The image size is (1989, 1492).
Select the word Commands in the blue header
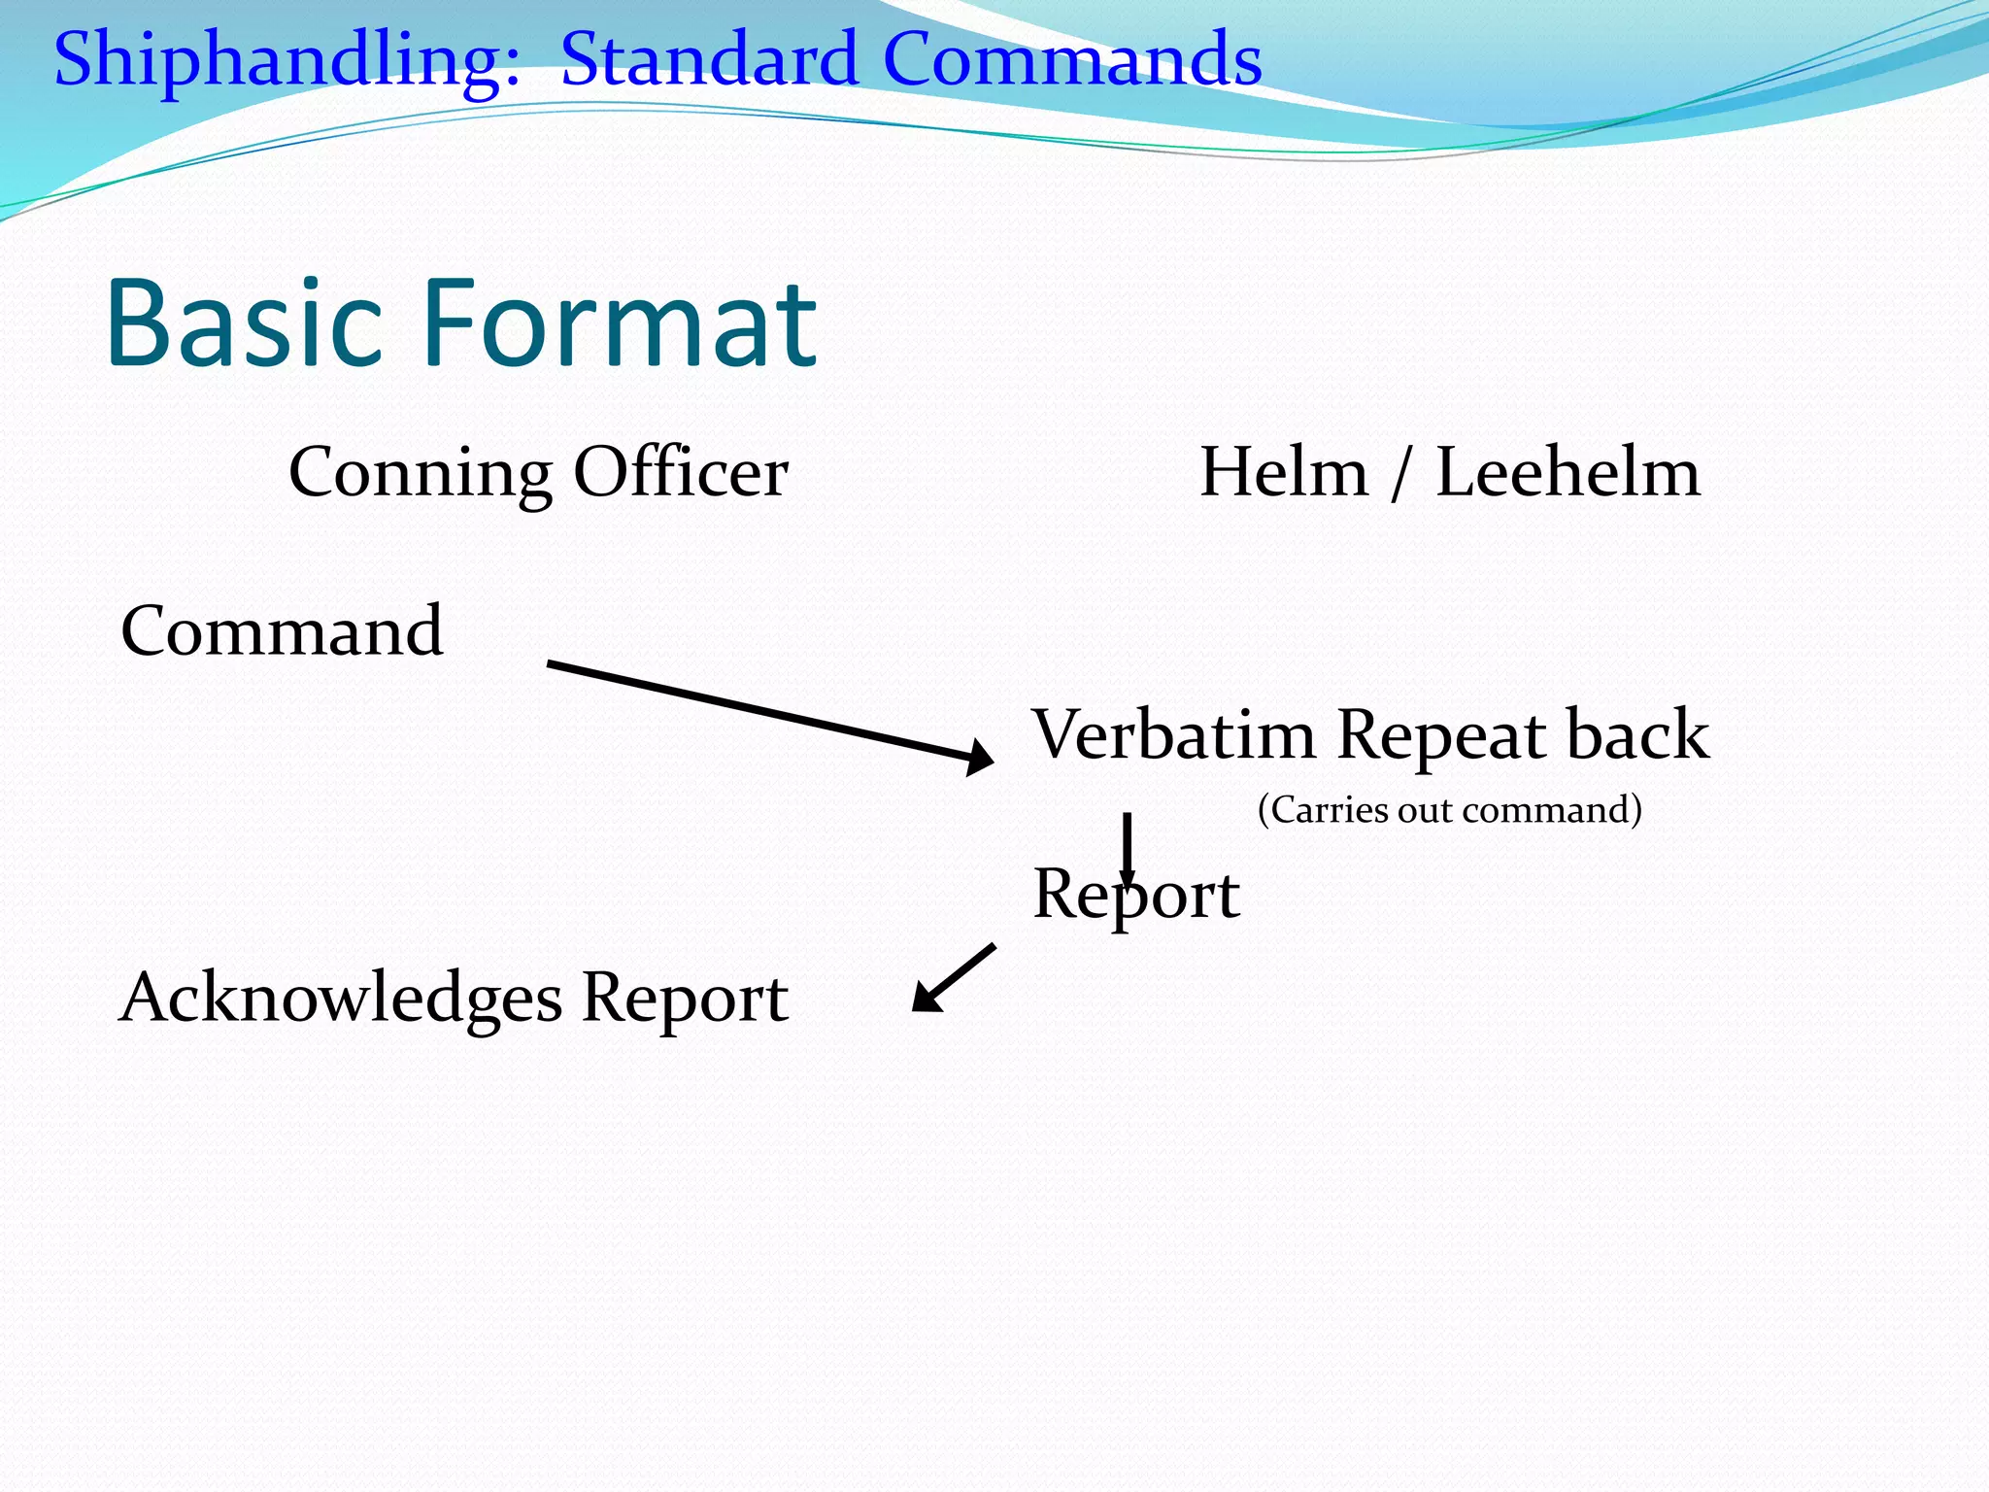pos(1072,60)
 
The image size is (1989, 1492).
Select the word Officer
pos(681,473)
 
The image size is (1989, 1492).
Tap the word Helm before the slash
pos(1284,473)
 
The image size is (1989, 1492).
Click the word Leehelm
pos(1568,473)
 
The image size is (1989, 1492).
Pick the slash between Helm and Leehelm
pos(1399,475)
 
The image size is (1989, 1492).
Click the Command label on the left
pos(283,631)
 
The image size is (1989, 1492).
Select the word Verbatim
pos(1173,735)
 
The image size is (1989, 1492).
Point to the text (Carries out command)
pos(1449,810)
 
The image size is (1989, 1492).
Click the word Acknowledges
pos(340,1000)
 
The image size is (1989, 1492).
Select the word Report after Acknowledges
pos(685,1000)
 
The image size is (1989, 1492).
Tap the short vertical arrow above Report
pos(1128,845)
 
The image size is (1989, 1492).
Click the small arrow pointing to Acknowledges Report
pos(953,978)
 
